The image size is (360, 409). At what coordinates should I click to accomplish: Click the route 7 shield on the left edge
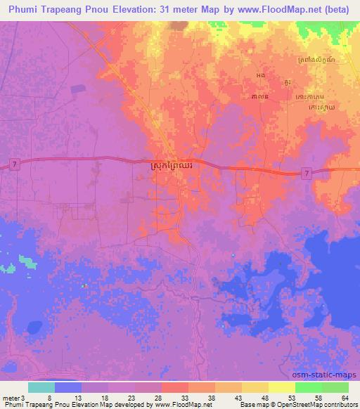13,164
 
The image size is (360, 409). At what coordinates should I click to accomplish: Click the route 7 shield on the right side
305,173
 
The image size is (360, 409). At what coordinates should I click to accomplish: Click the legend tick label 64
343,396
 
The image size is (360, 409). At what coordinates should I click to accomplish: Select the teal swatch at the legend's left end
41,387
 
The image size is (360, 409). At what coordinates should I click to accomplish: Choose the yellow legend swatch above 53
281,387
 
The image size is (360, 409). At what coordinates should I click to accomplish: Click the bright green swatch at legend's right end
335,387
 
